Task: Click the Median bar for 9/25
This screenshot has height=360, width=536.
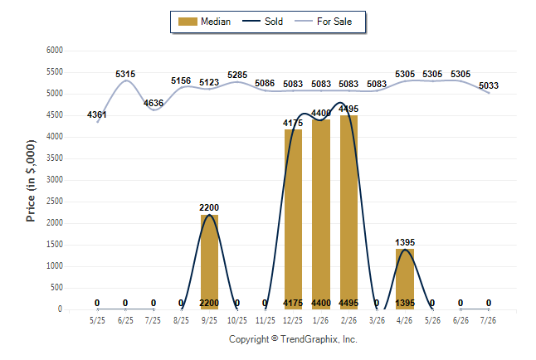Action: pos(209,262)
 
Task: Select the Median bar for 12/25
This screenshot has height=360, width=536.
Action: pos(293,219)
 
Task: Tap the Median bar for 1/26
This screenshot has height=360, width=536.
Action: pos(321,214)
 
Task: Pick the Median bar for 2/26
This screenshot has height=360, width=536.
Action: pos(348,212)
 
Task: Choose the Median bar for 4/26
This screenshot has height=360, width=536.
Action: pos(405,279)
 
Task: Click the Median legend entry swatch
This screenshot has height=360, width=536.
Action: pos(188,22)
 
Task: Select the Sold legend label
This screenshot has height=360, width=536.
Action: pos(274,22)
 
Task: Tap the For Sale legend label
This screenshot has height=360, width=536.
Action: pos(334,22)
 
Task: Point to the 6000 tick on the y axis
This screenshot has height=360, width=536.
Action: pos(55,51)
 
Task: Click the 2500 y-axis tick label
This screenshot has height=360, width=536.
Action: pos(55,201)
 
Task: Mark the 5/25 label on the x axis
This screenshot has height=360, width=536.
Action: pos(97,320)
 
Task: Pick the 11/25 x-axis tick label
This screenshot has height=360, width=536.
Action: pos(266,320)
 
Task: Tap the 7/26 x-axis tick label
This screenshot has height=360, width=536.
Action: pos(488,320)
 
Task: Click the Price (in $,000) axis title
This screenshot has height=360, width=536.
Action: pos(31,181)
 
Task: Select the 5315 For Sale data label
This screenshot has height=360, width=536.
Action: pos(125,74)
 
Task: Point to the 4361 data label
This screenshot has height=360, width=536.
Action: pos(97,114)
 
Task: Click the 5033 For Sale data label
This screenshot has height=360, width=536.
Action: pos(489,85)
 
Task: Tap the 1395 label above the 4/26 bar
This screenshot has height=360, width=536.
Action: pos(405,242)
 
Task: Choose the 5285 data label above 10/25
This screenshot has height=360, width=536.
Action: pos(237,75)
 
